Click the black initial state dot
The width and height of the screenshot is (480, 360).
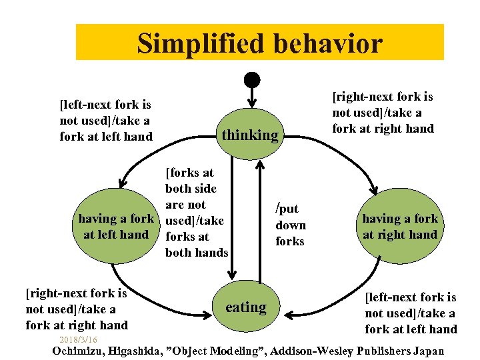point(251,79)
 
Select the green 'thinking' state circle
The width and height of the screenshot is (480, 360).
point(250,135)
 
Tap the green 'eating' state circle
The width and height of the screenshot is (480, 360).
point(245,307)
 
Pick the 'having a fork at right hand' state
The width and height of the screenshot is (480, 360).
point(400,227)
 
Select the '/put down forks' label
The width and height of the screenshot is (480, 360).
point(291,225)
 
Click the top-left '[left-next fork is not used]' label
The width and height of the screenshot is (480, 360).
point(105,121)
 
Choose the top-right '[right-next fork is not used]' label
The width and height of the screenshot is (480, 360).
point(383,113)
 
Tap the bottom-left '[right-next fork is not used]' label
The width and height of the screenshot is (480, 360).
point(76,309)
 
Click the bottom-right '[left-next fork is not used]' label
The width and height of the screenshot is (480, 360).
point(411,313)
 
